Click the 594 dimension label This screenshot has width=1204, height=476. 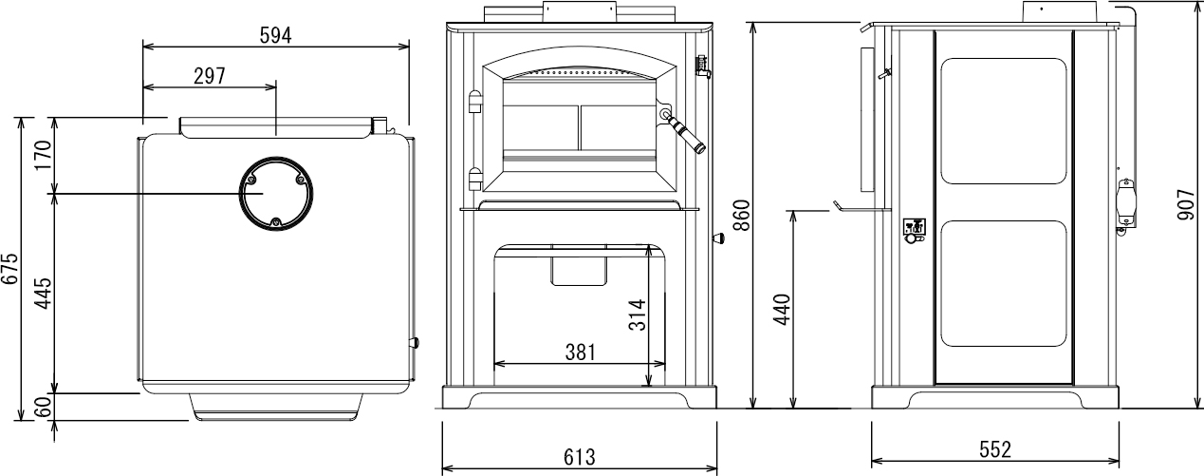tap(275, 35)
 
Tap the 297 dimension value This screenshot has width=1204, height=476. tap(210, 76)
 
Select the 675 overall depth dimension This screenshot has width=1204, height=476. tap(9, 268)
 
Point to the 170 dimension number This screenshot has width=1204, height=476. tap(43, 155)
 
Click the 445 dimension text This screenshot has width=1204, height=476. tap(43, 293)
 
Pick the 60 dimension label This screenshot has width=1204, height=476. tap(43, 406)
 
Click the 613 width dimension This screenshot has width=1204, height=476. tap(580, 457)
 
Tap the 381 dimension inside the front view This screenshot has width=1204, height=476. tap(581, 352)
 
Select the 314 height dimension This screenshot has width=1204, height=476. tap(638, 315)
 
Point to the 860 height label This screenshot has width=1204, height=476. tap(742, 215)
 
